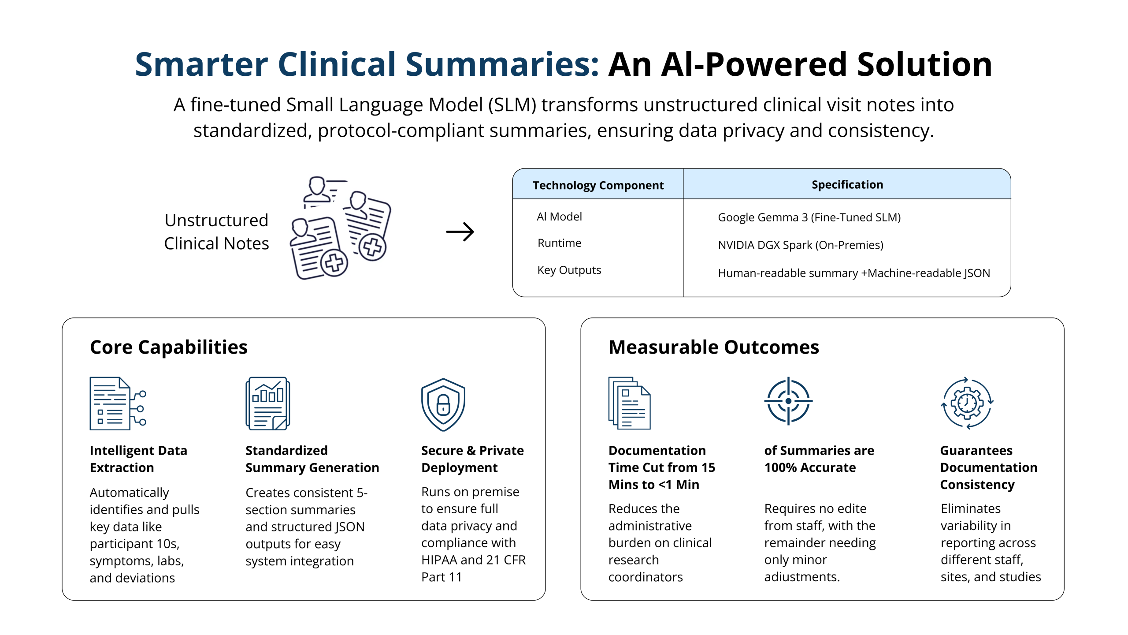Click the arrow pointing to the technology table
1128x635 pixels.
pyautogui.click(x=460, y=232)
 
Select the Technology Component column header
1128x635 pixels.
pyautogui.click(x=598, y=185)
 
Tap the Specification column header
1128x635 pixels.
pyautogui.click(x=847, y=185)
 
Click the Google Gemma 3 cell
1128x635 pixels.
pyautogui.click(x=809, y=217)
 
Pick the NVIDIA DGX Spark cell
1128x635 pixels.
pyautogui.click(x=800, y=245)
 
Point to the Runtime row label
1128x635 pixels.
pyautogui.click(x=559, y=243)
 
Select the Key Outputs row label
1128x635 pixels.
pyautogui.click(x=569, y=270)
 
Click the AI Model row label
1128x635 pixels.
pyautogui.click(x=559, y=217)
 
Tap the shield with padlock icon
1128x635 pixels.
pyautogui.click(x=443, y=404)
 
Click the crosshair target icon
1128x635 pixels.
pyautogui.click(x=788, y=401)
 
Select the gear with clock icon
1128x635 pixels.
pyautogui.click(x=967, y=403)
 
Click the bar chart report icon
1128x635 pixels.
pyautogui.click(x=267, y=403)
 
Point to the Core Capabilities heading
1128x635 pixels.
pyautogui.click(x=168, y=347)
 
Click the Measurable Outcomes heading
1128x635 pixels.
pyautogui.click(x=713, y=347)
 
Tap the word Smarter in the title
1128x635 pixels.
pyautogui.click(x=201, y=64)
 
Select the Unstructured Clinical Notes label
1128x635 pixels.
pyautogui.click(x=216, y=232)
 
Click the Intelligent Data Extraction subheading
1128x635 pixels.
pyautogui.click(x=138, y=459)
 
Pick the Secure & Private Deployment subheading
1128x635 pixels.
pyautogui.click(x=472, y=459)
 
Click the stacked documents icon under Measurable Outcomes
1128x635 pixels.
pyautogui.click(x=629, y=403)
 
